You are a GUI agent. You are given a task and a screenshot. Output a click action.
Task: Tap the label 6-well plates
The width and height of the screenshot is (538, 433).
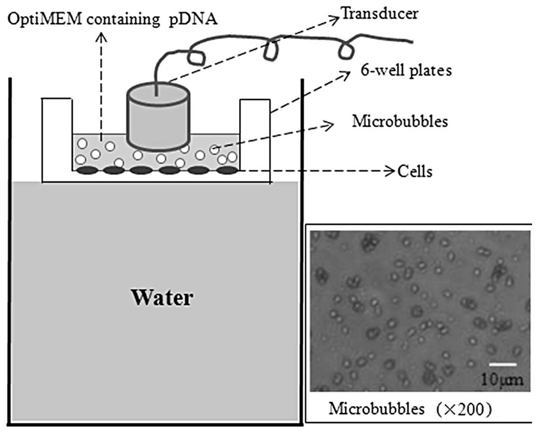click(405, 71)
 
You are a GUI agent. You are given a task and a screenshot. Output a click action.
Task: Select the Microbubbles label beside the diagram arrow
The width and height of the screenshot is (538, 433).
click(399, 121)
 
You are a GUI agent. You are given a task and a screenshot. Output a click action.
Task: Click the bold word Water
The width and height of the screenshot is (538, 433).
click(161, 298)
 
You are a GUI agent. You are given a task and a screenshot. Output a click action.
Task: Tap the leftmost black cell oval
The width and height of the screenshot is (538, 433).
click(85, 170)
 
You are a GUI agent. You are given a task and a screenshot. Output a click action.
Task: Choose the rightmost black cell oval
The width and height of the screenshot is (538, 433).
click(227, 170)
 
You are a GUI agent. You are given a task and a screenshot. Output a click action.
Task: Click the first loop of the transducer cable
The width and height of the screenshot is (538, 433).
click(197, 55)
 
